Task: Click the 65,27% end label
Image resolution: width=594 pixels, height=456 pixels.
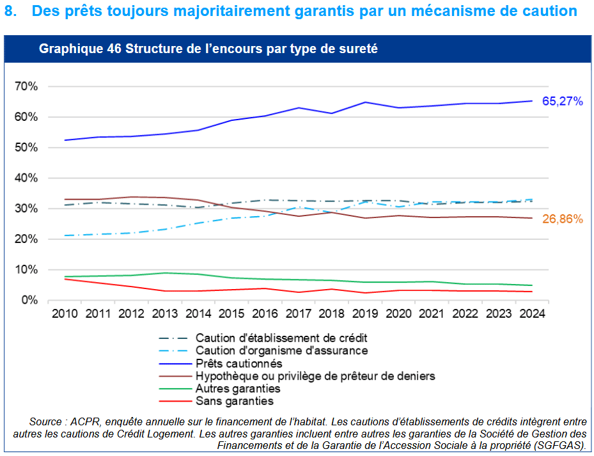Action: pyautogui.click(x=562, y=101)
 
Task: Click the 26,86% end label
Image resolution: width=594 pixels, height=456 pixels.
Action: pyautogui.click(x=562, y=219)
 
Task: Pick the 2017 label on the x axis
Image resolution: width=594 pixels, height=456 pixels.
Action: pyautogui.click(x=298, y=315)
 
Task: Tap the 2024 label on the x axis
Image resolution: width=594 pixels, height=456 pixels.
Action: pyautogui.click(x=532, y=315)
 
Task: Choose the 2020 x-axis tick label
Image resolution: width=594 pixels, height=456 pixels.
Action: pyautogui.click(x=398, y=315)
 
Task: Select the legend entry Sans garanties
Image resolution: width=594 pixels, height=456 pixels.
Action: pyautogui.click(x=234, y=401)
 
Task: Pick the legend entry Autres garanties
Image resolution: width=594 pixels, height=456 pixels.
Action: pyautogui.click(x=238, y=388)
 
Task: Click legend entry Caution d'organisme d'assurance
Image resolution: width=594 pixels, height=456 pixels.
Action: pyautogui.click(x=281, y=350)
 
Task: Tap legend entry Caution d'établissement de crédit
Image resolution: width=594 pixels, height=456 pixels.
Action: pyautogui.click(x=281, y=338)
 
